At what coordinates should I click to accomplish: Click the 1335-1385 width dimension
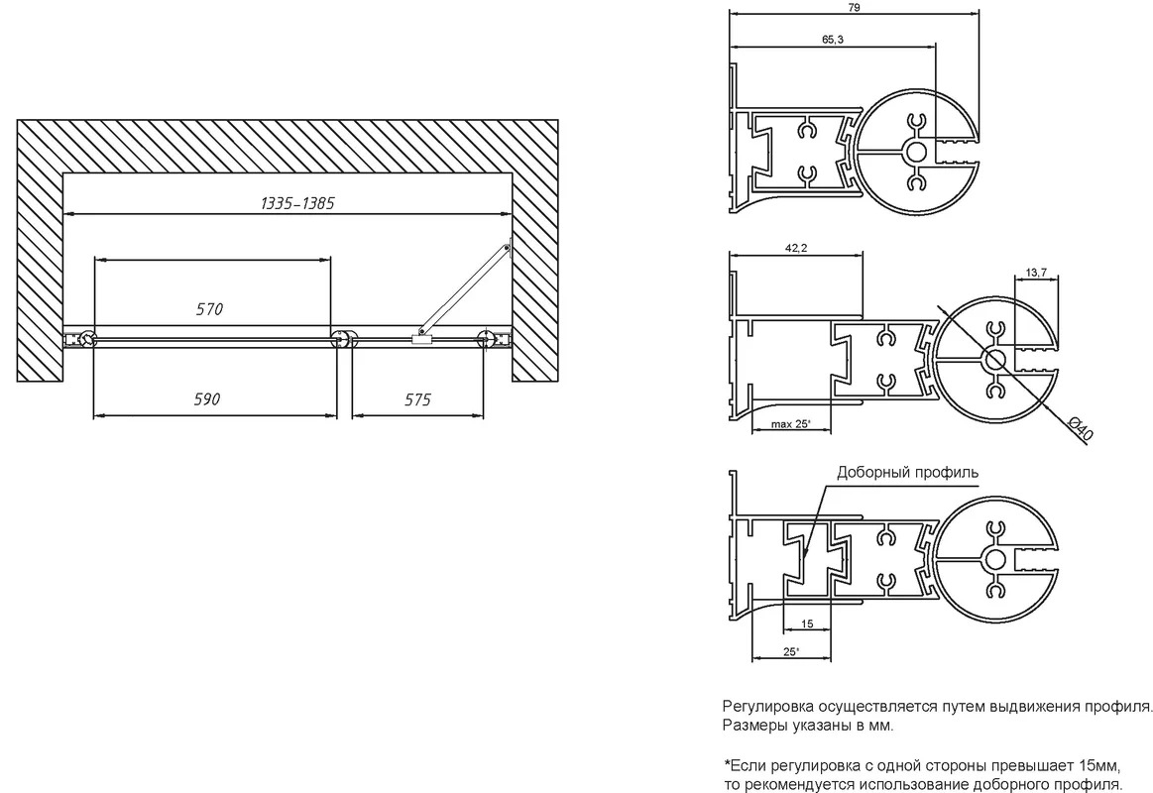pyautogui.click(x=297, y=203)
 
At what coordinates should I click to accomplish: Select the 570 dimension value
pyautogui.click(x=209, y=309)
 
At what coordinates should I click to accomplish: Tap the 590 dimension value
pyautogui.click(x=206, y=399)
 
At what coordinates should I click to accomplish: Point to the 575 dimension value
pyautogui.click(x=417, y=399)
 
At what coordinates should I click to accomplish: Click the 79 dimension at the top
pyautogui.click(x=854, y=7)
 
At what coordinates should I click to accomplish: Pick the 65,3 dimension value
pyautogui.click(x=833, y=40)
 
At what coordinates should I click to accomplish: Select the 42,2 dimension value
pyautogui.click(x=796, y=249)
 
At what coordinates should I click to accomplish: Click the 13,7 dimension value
pyautogui.click(x=1036, y=273)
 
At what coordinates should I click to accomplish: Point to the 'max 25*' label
pyautogui.click(x=790, y=424)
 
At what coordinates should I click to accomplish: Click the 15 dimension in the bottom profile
pyautogui.click(x=807, y=623)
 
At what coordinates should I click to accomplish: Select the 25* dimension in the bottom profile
pyautogui.click(x=790, y=651)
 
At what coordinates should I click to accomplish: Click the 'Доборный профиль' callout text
pyautogui.click(x=907, y=473)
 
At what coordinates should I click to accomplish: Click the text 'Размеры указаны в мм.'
pyautogui.click(x=808, y=727)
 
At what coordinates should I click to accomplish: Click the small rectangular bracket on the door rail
pyautogui.click(x=421, y=340)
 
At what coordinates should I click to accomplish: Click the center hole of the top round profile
pyautogui.click(x=916, y=152)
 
